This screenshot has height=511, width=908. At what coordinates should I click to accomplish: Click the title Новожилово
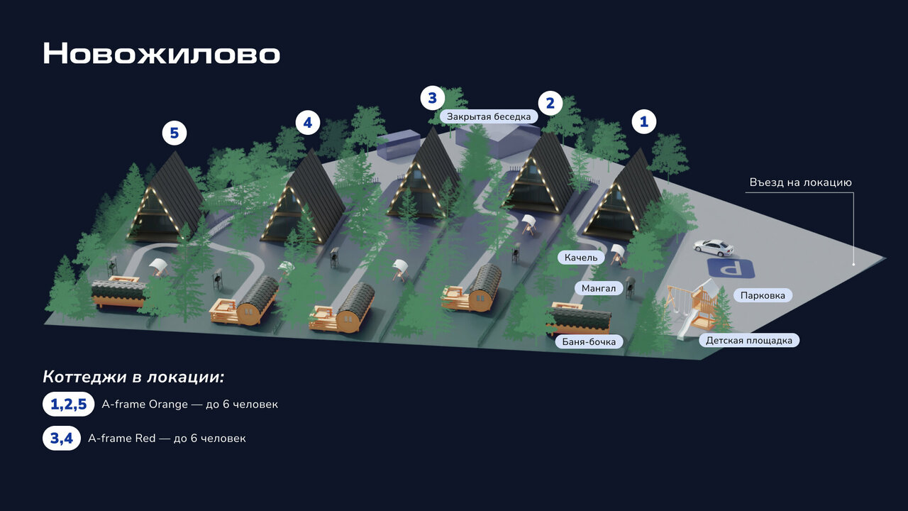point(161,54)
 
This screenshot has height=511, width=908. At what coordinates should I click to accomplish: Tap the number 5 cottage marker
point(174,133)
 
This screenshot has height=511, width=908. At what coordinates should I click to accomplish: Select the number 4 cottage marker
point(307,123)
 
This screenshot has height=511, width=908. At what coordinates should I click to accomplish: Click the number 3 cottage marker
point(432,97)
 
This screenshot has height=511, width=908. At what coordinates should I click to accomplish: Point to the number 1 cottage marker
point(644,121)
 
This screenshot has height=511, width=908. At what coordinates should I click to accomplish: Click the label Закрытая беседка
point(488,116)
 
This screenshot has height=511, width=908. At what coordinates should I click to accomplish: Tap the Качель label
point(581,257)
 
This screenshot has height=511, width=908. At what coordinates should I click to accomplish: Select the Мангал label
point(599,288)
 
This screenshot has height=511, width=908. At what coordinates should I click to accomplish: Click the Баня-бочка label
point(588,342)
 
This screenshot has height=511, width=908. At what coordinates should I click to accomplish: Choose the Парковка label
point(763,295)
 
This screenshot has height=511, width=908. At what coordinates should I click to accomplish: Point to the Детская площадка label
point(749,341)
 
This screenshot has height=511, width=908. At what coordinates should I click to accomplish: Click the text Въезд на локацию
point(800,182)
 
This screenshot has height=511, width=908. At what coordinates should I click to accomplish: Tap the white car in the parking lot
point(714,247)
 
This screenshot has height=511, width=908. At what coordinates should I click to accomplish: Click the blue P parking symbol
point(730,269)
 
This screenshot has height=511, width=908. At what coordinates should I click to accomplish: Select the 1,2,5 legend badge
point(68,405)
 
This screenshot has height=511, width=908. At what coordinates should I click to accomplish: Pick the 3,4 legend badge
point(62,439)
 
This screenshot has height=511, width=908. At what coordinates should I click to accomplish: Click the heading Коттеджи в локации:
point(133,377)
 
